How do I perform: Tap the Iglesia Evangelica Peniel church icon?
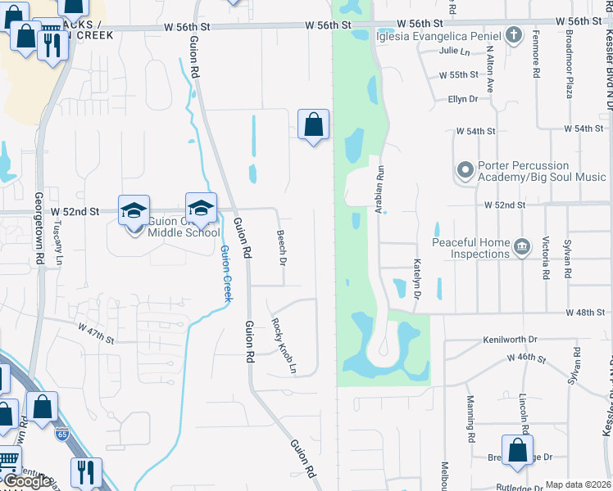point(513,35)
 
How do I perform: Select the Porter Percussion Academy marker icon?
point(465,170)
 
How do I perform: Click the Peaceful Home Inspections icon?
point(521,247)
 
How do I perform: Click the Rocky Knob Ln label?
point(284,345)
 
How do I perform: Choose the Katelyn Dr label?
point(417,277)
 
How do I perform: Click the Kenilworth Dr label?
point(509,339)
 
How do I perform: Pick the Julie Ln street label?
point(454,51)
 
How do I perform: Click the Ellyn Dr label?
point(462,99)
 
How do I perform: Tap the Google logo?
point(26,482)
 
